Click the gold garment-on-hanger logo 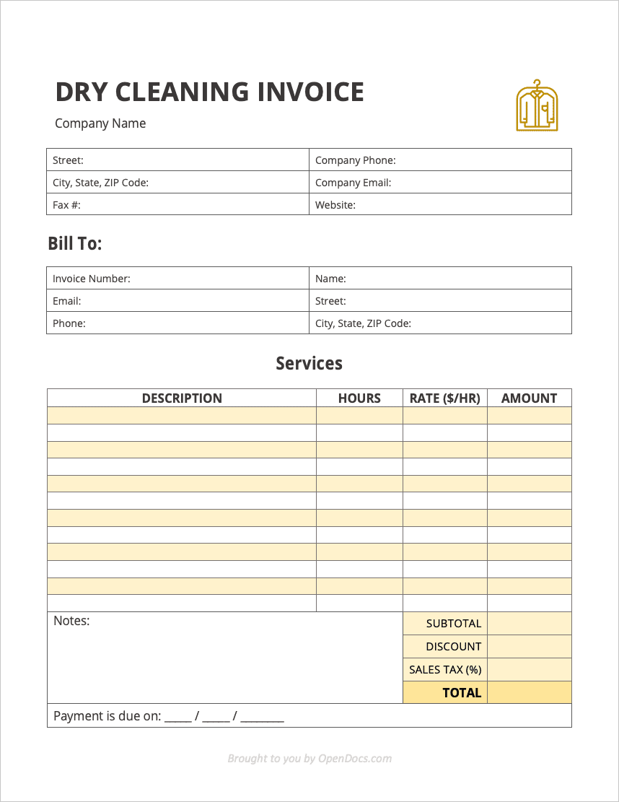pyautogui.click(x=537, y=106)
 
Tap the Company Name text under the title pyautogui.click(x=100, y=123)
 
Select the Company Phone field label pyautogui.click(x=355, y=160)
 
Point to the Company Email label pyautogui.click(x=353, y=183)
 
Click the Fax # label pyautogui.click(x=66, y=205)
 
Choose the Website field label pyautogui.click(x=335, y=205)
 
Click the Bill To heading pyautogui.click(x=75, y=244)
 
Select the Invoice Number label pyautogui.click(x=91, y=279)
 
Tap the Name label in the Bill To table pyautogui.click(x=330, y=279)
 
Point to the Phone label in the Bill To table pyautogui.click(x=69, y=323)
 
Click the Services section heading pyautogui.click(x=309, y=363)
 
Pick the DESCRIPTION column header pyautogui.click(x=182, y=398)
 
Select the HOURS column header pyautogui.click(x=359, y=398)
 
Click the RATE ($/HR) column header pyautogui.click(x=444, y=398)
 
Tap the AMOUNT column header pyautogui.click(x=529, y=398)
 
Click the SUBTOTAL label pyautogui.click(x=453, y=624)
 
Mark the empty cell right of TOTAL pyautogui.click(x=529, y=693)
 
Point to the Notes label pyautogui.click(x=71, y=621)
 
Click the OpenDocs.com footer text pyautogui.click(x=355, y=758)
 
